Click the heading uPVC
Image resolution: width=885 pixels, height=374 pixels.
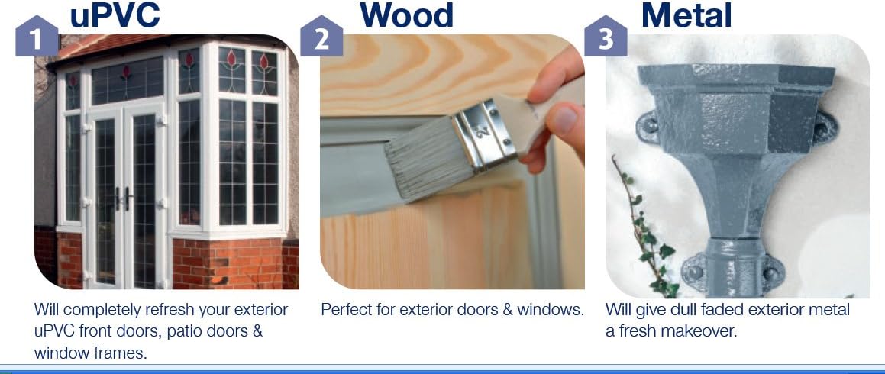point(115,15)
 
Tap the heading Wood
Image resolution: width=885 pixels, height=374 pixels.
point(406,15)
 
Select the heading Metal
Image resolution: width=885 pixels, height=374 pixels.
point(686,15)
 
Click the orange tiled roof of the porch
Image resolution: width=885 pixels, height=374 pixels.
point(113,45)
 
